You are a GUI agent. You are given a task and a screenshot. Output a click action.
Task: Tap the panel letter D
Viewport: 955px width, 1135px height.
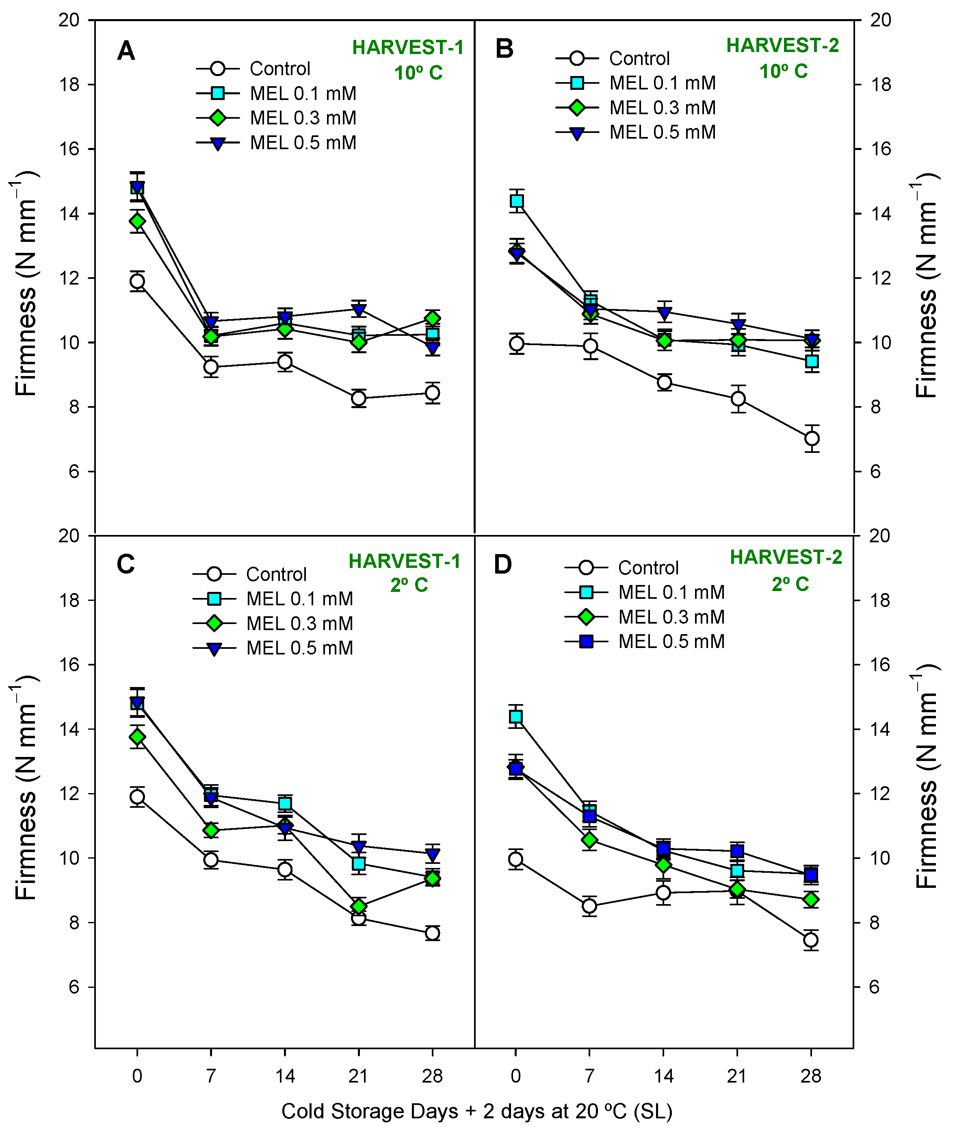pos(502,565)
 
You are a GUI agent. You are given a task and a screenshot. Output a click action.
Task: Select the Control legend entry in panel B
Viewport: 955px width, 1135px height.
pos(639,59)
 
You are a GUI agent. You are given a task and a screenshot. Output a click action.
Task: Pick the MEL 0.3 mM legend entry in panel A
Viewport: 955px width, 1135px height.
pos(303,118)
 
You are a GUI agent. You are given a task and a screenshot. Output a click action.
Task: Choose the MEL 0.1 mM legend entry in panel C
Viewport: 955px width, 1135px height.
pos(299,599)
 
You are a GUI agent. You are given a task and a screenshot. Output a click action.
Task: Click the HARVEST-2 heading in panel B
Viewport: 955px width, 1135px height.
pos(782,46)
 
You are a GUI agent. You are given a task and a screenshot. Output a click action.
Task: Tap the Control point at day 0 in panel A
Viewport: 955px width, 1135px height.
pos(137,281)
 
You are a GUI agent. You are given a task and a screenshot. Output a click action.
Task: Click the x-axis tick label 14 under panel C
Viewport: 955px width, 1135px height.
pos(285,1076)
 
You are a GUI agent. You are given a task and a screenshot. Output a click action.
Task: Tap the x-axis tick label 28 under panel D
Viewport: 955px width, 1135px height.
pos(810,1076)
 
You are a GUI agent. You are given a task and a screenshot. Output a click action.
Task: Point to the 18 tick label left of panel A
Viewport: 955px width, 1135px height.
pos(69,85)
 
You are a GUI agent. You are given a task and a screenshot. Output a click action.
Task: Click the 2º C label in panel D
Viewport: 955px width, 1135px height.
pos(790,584)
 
